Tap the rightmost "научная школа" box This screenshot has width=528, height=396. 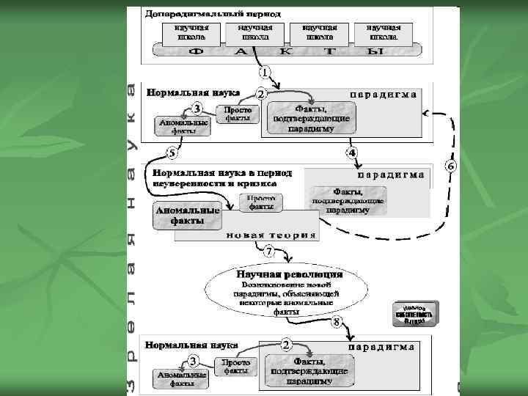coord(383,32)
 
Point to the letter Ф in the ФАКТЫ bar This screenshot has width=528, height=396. coord(197,53)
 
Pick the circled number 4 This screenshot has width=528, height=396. coord(352,153)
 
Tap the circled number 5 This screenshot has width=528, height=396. coord(172,153)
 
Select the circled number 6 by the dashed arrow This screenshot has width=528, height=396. coord(450,166)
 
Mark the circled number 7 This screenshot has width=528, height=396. coord(269,252)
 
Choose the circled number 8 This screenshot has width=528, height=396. coord(337,322)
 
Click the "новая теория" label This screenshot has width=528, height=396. coord(271,235)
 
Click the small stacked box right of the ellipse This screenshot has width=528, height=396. coord(414,314)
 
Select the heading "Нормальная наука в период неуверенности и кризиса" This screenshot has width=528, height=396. coord(221,178)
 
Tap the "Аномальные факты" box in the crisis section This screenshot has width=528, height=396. coord(186,215)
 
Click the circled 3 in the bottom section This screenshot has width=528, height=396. coord(194,360)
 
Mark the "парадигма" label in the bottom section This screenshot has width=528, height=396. coord(381,346)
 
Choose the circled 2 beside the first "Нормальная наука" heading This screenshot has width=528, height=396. coord(260,95)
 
